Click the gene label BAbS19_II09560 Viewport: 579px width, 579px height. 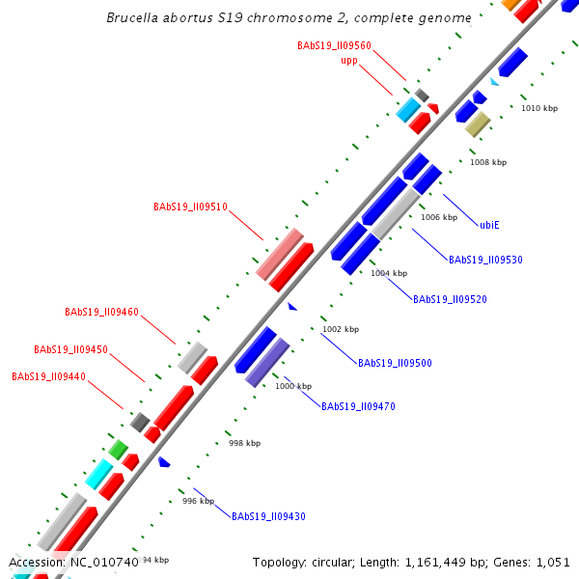(x=334, y=45)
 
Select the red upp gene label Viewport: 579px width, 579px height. (x=349, y=60)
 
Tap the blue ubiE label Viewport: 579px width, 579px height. (x=489, y=225)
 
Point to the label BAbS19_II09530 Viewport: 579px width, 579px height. (x=485, y=260)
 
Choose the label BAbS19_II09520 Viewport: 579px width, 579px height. (x=450, y=299)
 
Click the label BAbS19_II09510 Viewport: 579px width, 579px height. (x=190, y=207)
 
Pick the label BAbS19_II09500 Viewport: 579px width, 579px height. (x=395, y=364)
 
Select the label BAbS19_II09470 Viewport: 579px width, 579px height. (x=358, y=406)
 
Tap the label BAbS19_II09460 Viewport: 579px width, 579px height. (x=101, y=313)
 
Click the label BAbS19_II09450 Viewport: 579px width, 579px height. (x=70, y=349)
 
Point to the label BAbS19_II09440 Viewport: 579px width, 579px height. (x=48, y=376)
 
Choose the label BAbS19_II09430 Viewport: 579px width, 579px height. (x=268, y=516)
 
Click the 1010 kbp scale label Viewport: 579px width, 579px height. (x=539, y=108)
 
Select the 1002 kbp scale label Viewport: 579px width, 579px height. (x=340, y=329)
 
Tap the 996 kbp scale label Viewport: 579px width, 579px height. (x=198, y=501)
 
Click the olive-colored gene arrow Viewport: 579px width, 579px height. (x=478, y=124)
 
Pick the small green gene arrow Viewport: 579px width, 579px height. (x=118, y=449)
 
